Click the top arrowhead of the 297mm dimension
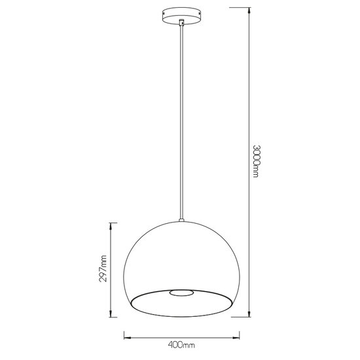click(111, 224)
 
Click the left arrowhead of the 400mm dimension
click(125, 338)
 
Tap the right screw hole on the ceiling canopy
click(194, 14)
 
